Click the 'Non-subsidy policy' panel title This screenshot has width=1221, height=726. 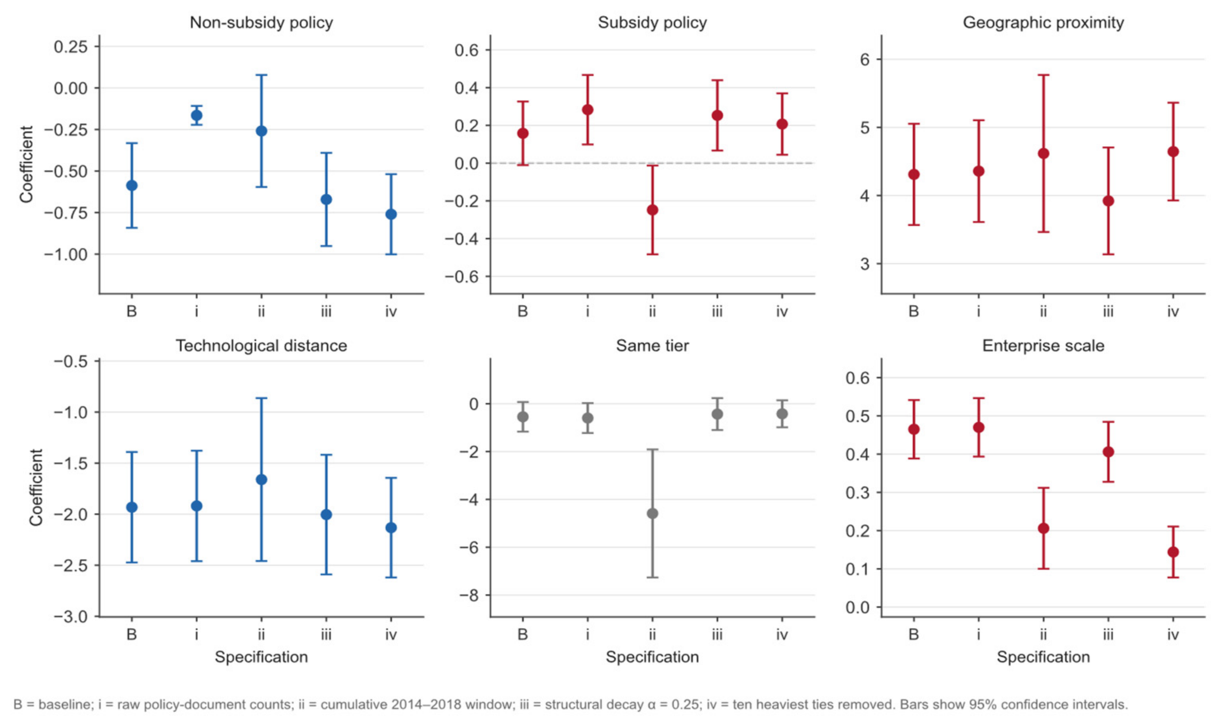pos(261,23)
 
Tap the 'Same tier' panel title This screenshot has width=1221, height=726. pos(652,345)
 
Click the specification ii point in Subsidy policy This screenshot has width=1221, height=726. pos(652,210)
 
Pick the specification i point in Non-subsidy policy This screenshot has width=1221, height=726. pos(196,116)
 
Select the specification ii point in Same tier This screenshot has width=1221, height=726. pos(652,513)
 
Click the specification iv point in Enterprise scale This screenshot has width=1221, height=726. pos(1173,552)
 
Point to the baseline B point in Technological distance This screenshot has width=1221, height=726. pos(132,507)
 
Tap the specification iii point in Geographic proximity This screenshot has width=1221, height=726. pos(1108,200)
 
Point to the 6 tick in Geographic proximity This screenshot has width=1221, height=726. pos(865,59)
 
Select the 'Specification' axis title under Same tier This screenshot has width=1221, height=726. pos(652,657)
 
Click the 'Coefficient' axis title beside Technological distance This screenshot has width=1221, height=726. pos(36,487)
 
